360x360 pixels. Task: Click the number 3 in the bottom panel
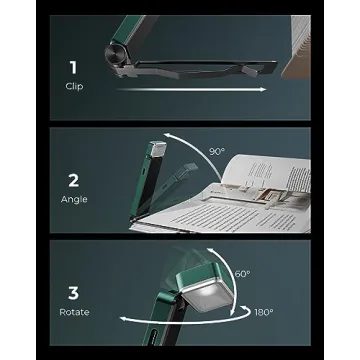coord(73,292)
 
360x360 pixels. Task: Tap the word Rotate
coord(73,312)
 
